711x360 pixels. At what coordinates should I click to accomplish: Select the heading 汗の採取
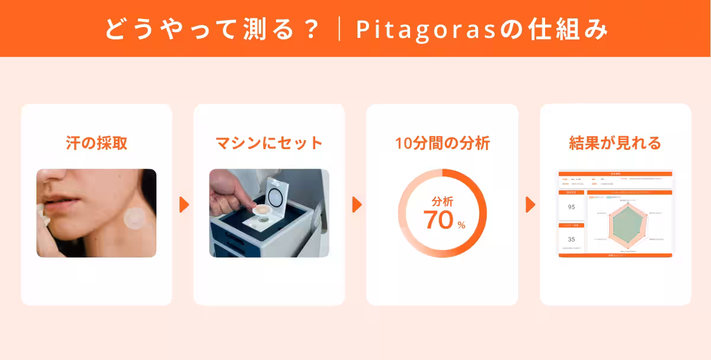[97, 143]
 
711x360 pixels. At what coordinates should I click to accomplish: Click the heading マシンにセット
[269, 143]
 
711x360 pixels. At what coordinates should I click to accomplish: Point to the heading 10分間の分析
[442, 143]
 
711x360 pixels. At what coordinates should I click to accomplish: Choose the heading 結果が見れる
[615, 143]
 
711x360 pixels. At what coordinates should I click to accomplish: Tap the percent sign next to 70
[461, 225]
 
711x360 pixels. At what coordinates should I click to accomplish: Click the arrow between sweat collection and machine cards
[184, 204]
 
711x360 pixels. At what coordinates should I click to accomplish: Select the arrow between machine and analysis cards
[357, 204]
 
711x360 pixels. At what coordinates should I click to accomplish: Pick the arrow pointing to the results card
[530, 204]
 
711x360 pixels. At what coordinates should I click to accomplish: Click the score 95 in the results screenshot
[571, 207]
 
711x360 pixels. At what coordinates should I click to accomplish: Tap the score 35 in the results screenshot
[571, 240]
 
